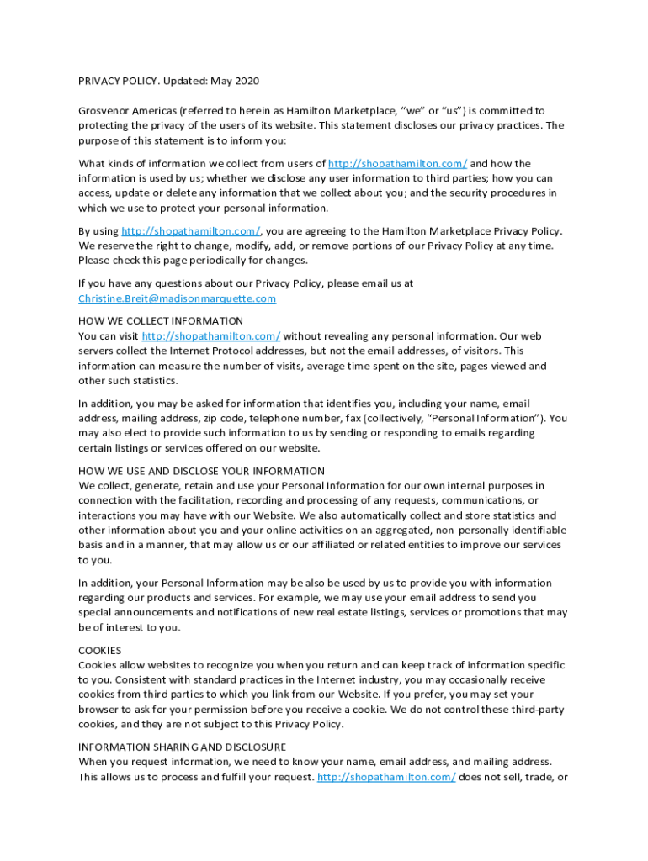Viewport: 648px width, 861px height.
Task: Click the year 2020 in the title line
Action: [247, 81]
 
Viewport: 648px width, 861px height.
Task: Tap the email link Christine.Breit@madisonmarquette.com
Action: [177, 298]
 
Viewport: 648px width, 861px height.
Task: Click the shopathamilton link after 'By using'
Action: [191, 230]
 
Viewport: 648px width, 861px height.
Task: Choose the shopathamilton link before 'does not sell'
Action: [386, 777]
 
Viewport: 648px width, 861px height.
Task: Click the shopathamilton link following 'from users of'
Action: [397, 163]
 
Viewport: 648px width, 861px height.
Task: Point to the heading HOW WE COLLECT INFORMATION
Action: [161, 321]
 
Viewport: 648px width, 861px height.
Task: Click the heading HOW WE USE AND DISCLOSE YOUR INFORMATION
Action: [201, 471]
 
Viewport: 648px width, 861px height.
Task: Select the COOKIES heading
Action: [99, 650]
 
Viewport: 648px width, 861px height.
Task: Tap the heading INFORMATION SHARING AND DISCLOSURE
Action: [182, 747]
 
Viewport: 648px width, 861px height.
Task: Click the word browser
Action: [99, 710]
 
